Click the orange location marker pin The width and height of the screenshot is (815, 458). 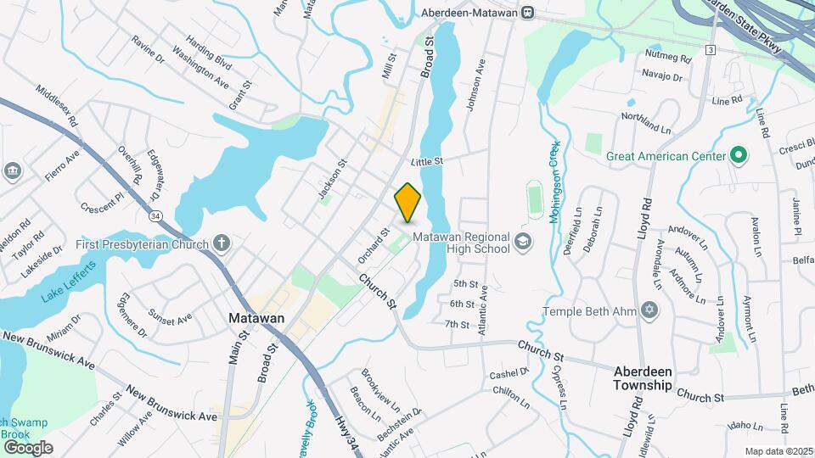[x=407, y=202]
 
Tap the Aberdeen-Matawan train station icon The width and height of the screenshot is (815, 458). [x=528, y=12]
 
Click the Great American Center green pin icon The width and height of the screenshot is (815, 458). [x=738, y=156]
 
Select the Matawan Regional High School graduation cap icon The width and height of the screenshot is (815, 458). [x=523, y=243]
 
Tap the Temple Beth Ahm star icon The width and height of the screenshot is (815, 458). [x=650, y=310]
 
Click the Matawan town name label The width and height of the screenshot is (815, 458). [x=256, y=319]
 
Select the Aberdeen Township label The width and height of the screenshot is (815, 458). [x=644, y=378]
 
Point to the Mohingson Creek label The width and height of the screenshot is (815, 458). [x=554, y=182]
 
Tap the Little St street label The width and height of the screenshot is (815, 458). [x=427, y=161]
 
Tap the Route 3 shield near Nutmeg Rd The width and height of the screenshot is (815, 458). [x=710, y=50]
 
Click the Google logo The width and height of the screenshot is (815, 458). [x=28, y=447]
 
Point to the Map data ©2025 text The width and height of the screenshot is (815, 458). [x=778, y=451]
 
